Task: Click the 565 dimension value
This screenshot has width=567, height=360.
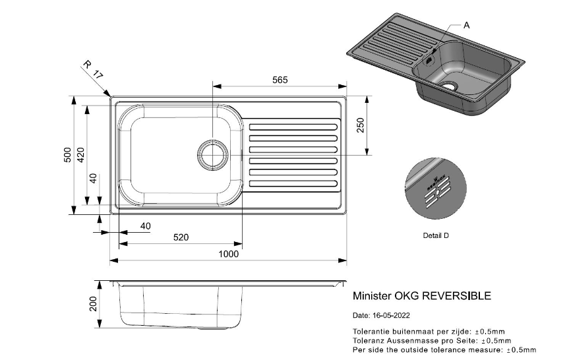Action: click(280, 80)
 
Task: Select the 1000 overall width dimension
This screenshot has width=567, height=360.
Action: click(228, 254)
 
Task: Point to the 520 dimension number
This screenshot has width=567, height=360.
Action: click(181, 237)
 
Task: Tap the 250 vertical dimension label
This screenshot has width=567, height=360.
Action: click(361, 125)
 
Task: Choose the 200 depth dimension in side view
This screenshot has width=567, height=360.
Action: click(94, 303)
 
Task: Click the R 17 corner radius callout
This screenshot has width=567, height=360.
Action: click(94, 71)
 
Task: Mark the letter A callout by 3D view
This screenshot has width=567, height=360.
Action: click(467, 25)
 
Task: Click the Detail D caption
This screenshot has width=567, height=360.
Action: click(436, 235)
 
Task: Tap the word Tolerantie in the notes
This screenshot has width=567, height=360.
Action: click(371, 331)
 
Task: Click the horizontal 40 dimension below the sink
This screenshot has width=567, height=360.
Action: click(145, 226)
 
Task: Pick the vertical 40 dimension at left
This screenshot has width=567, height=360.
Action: click(93, 178)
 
